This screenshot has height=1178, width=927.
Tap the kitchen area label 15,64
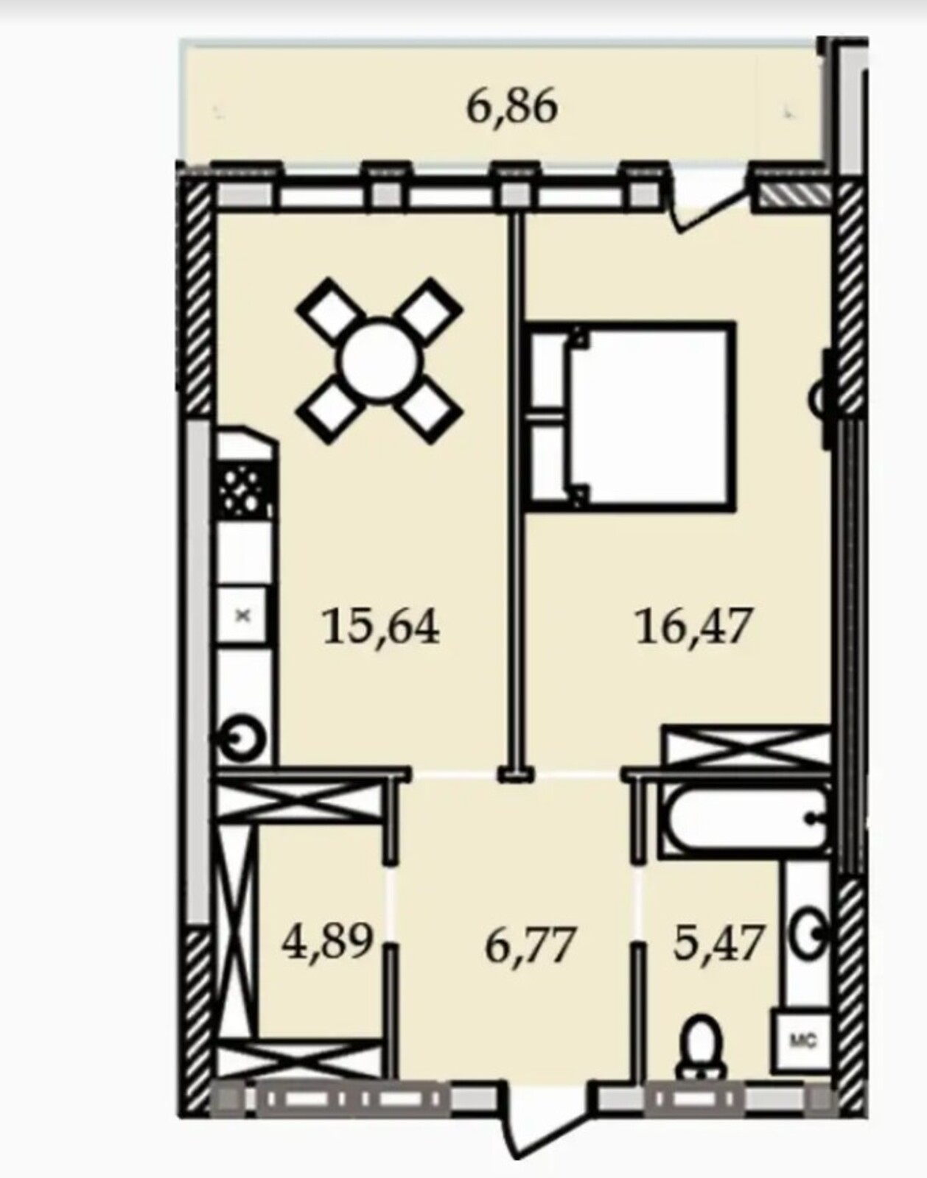click(381, 628)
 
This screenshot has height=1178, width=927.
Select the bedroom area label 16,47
click(692, 627)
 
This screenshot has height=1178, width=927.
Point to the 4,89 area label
click(328, 942)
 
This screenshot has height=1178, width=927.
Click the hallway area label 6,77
click(529, 945)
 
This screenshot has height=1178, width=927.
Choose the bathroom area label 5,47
click(718, 942)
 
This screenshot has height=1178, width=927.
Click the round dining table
click(383, 361)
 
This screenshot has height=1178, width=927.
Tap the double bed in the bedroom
click(630, 417)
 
